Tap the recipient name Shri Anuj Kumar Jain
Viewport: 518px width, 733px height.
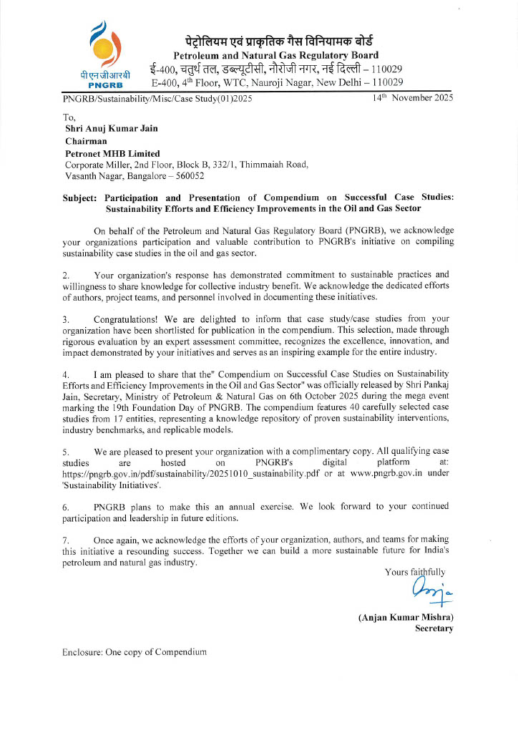(x=110, y=130)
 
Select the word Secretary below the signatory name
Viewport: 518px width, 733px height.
(x=434, y=628)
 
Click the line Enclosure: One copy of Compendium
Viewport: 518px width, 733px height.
(x=135, y=652)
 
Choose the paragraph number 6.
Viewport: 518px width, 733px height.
(x=66, y=507)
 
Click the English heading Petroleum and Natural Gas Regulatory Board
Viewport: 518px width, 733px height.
(x=276, y=55)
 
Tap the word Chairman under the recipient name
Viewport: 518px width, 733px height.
(x=86, y=141)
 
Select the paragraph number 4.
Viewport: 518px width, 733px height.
(x=66, y=374)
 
